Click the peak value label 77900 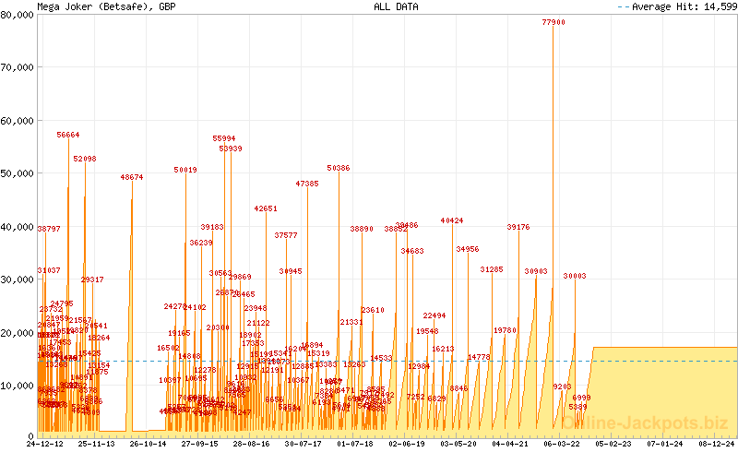coord(553,22)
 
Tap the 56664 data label coord(68,135)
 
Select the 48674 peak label coord(131,177)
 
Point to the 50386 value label coord(339,168)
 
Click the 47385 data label coord(307,184)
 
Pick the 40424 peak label coord(452,220)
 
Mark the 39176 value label coord(518,227)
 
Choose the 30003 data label coord(575,276)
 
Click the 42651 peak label coord(266,208)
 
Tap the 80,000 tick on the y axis coord(18,15)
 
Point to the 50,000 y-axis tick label coord(18,173)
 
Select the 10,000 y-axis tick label coord(18,385)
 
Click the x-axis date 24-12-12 coord(45,444)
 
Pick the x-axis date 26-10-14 coord(148,444)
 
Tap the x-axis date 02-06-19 coord(407,444)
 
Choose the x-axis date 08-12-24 coord(717,444)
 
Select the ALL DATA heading coord(396,6)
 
